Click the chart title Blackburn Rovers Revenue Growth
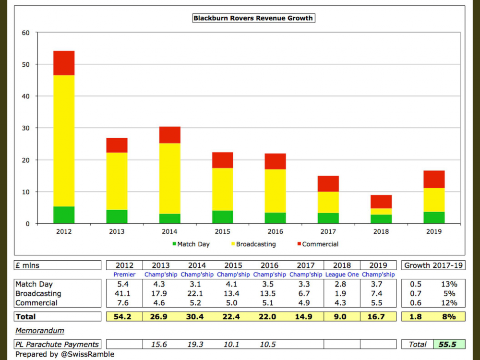pos(253,18)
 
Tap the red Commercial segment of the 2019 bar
pos(434,179)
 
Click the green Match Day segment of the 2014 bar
pos(169,218)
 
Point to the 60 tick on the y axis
pos(25,33)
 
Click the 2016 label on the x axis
pos(275,231)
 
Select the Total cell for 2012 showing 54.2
pos(124,317)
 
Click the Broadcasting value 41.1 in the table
pos(124,293)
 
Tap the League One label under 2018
pos(341,275)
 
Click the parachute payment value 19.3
pos(196,344)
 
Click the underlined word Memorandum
pos(40,330)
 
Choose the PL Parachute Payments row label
pos(57,344)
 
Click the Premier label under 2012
pos(124,275)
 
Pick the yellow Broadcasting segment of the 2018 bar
pos(381,211)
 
